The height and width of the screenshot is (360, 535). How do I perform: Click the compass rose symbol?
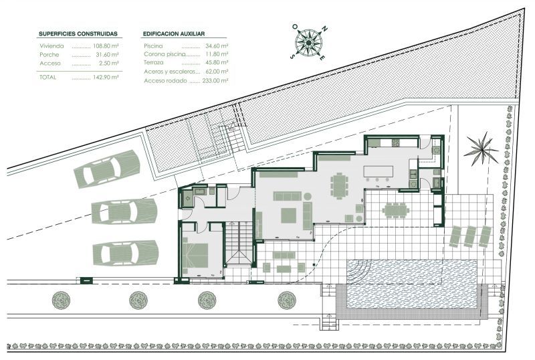pyautogui.click(x=309, y=42)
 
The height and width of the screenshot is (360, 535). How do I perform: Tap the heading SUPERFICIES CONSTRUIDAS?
pyautogui.click(x=78, y=34)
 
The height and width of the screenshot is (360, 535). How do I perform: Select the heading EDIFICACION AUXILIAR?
pyautogui.click(x=174, y=34)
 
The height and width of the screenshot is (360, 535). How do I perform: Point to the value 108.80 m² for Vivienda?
pyautogui.click(x=106, y=46)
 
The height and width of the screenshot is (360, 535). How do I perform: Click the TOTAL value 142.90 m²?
pyautogui.click(x=106, y=77)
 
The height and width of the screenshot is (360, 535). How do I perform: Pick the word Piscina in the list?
pyautogui.click(x=153, y=46)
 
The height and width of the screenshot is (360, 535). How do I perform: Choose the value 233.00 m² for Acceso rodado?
pyautogui.click(x=215, y=80)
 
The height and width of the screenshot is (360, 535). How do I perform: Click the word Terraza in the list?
pyautogui.click(x=154, y=62)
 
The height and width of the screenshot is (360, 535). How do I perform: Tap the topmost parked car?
pyautogui.click(x=107, y=169)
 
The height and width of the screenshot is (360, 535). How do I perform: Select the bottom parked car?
pyautogui.click(x=126, y=253)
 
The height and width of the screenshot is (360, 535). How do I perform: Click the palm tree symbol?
pyautogui.click(x=481, y=149)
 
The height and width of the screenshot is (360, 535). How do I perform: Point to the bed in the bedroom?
pyautogui.click(x=195, y=255)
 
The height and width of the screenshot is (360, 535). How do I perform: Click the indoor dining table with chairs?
pyautogui.click(x=339, y=185)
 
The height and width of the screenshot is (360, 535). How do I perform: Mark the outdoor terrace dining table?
pyautogui.click(x=396, y=210)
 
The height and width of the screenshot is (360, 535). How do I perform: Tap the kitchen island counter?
pyautogui.click(x=379, y=171)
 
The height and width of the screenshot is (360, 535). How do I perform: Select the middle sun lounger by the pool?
pyautogui.click(x=471, y=236)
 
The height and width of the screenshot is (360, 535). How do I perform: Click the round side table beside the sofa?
pyautogui.click(x=308, y=197)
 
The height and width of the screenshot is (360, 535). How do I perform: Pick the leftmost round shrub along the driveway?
pyautogui.click(x=61, y=300)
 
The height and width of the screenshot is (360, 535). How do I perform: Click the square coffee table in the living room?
pyautogui.click(x=289, y=215)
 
